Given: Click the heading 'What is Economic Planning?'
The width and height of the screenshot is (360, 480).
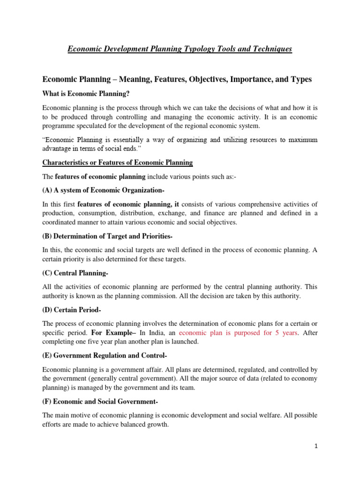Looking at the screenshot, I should pyautogui.click(x=86, y=94).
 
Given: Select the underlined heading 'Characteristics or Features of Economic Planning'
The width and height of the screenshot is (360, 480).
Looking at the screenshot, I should pyautogui.click(x=117, y=163).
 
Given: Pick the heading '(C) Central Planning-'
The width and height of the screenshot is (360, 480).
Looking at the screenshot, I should pyautogui.click(x=75, y=273).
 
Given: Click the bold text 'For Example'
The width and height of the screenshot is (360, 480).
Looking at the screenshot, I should pyautogui.click(x=111, y=333).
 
